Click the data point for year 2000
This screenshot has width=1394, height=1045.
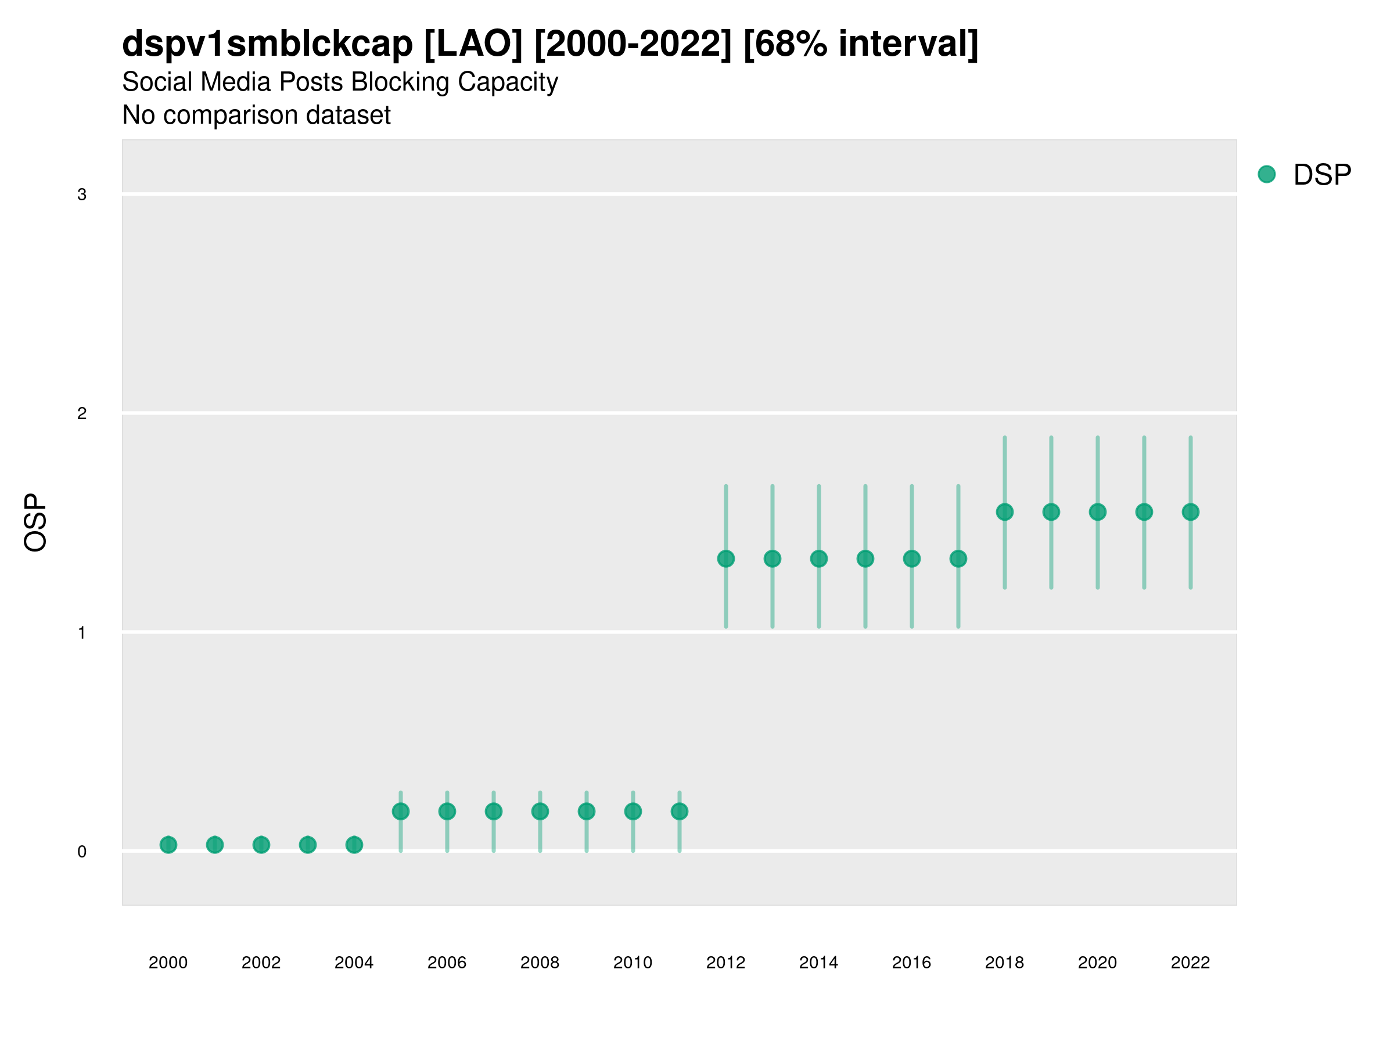pos(168,845)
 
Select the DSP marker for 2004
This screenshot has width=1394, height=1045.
pos(354,845)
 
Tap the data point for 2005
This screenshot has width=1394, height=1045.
pos(401,811)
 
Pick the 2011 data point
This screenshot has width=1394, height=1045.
pos(680,811)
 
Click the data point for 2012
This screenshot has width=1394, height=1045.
pos(726,558)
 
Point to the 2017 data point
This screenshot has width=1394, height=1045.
pos(958,558)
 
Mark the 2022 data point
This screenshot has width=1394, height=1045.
pos(1191,512)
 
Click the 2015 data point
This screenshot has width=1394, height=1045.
pos(865,558)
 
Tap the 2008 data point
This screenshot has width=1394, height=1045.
pos(540,811)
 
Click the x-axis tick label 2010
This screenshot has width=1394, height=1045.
pos(633,963)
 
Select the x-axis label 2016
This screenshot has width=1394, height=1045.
pos(911,963)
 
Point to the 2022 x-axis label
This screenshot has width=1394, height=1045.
pos(1191,963)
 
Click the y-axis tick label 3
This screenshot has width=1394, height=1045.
pos(82,194)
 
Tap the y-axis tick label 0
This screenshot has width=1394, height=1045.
pos(82,852)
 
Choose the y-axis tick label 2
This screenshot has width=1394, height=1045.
pos(82,414)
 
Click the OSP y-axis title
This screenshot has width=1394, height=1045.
pos(35,523)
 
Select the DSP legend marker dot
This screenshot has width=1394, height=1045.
pos(1267,175)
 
